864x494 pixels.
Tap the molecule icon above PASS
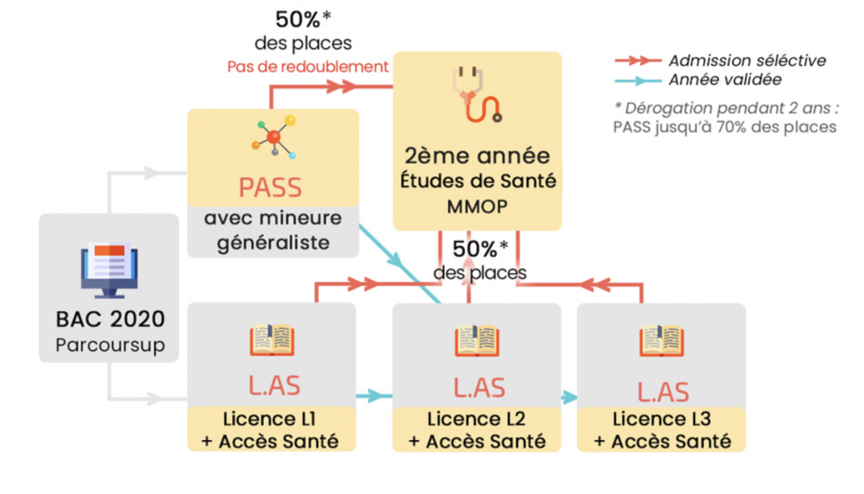(x=273, y=136)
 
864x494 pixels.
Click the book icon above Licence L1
(x=272, y=341)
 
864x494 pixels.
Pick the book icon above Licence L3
(x=661, y=341)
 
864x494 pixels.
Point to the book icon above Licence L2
(x=478, y=341)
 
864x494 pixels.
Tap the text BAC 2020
(x=110, y=320)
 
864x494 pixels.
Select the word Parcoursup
(x=110, y=345)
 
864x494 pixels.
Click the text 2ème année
(x=478, y=156)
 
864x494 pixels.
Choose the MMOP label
(x=478, y=206)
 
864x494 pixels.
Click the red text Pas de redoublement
(x=308, y=67)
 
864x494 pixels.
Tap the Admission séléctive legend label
(x=747, y=61)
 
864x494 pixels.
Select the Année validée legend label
(x=724, y=80)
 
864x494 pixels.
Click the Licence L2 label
(x=478, y=419)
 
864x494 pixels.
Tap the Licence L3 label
(x=661, y=419)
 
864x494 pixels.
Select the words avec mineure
(x=273, y=218)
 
